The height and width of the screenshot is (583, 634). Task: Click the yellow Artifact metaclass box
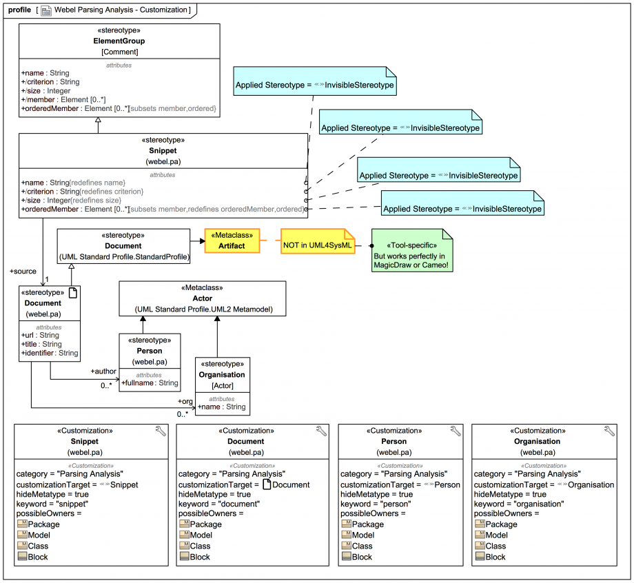(232, 241)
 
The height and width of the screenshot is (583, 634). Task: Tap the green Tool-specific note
(413, 252)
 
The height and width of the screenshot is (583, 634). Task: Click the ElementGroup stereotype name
(119, 41)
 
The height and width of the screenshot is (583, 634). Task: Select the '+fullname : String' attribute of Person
(150, 383)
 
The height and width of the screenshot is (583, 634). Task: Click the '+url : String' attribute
(40, 336)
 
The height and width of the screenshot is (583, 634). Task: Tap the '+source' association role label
(23, 272)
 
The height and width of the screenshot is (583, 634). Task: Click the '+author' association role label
(103, 371)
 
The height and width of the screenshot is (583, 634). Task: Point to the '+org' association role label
(185, 401)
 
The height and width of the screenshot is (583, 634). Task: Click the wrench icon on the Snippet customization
(161, 431)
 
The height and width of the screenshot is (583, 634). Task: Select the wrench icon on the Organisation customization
(609, 431)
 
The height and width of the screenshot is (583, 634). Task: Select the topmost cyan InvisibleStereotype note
(315, 85)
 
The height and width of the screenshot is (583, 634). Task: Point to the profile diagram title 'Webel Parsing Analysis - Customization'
(114, 10)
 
